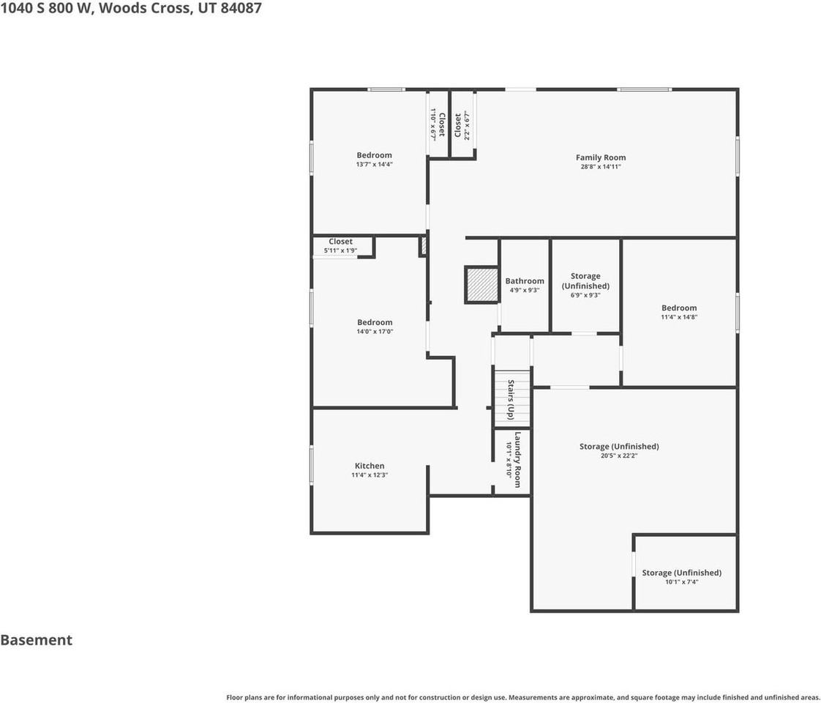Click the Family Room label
tap(601, 157)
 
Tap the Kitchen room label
tap(370, 466)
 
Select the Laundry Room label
tap(517, 459)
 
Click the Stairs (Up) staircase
tap(513, 399)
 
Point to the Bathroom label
tap(525, 280)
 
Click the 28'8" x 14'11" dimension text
tap(601, 167)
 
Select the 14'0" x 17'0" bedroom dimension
tap(375, 332)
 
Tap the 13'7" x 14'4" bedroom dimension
tap(375, 165)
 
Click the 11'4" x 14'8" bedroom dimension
tap(679, 317)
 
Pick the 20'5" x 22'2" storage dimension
tap(619, 455)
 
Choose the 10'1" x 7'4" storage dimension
tap(682, 582)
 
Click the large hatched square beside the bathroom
tap(481, 285)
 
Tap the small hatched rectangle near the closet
tap(423, 246)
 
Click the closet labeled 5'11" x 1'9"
tap(340, 245)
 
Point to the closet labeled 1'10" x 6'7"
tap(438, 124)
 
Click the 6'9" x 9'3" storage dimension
tap(585, 295)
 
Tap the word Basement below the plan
tap(36, 640)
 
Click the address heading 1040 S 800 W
tap(47, 8)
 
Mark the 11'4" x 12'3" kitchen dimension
tap(370, 475)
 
